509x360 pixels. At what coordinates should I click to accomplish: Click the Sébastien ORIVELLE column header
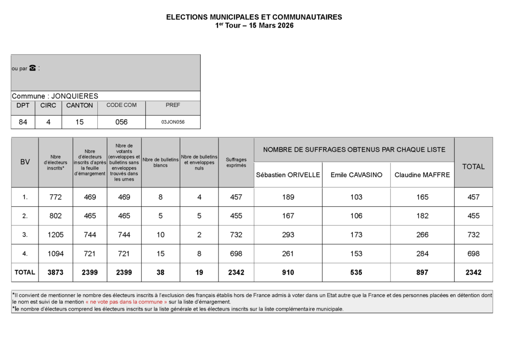(288, 175)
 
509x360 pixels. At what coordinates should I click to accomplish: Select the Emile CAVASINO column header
(356, 175)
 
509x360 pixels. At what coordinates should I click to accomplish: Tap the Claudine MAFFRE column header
(422, 175)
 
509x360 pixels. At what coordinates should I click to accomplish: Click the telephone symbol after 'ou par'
(33, 68)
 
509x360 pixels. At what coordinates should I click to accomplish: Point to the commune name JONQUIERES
(75, 96)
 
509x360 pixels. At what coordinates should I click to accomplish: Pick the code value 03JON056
(173, 122)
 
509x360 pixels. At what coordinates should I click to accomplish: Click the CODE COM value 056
(121, 122)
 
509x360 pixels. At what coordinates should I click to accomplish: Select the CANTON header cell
(80, 105)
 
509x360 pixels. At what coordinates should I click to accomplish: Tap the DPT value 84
(23, 122)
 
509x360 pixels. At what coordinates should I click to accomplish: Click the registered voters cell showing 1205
(55, 235)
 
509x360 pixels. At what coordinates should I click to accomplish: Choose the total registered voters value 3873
(55, 272)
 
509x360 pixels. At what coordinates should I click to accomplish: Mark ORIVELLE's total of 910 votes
(288, 272)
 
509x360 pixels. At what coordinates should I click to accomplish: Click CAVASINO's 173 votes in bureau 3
(356, 235)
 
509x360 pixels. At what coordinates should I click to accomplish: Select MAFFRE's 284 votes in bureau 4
(422, 254)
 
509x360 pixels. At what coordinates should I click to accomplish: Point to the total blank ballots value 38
(161, 272)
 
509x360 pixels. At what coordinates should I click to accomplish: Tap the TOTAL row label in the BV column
(25, 272)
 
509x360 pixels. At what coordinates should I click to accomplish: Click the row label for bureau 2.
(25, 216)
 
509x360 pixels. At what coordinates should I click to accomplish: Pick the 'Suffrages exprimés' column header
(236, 162)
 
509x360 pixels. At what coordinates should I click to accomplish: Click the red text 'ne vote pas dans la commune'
(127, 302)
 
